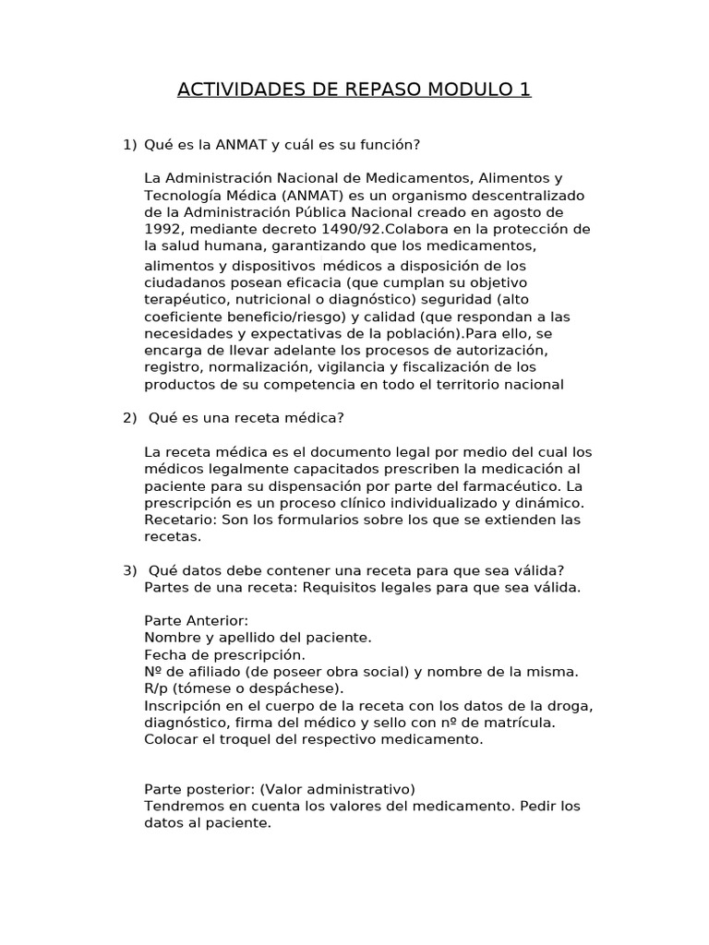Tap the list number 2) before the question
tap(130, 418)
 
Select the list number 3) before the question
tap(130, 569)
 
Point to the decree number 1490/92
tap(330, 230)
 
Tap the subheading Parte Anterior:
tap(197, 620)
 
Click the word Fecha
tap(163, 654)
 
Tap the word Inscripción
tap(185, 705)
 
